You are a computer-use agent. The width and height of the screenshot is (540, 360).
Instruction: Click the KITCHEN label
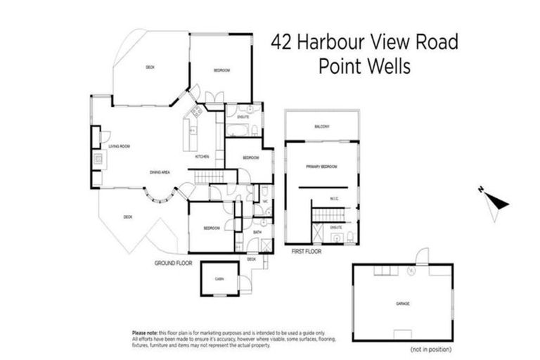[202, 157]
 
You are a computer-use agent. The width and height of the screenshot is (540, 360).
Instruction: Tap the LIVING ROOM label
[120, 146]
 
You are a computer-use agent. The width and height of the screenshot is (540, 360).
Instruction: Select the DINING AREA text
[160, 172]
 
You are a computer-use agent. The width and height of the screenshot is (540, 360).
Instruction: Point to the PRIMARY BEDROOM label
[322, 167]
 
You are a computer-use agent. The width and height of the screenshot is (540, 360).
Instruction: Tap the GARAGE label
[402, 304]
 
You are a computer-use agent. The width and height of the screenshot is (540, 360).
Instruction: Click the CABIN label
[219, 279]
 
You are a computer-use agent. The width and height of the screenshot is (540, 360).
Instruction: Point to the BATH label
[257, 231]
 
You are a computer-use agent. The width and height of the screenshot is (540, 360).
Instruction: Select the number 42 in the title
[283, 42]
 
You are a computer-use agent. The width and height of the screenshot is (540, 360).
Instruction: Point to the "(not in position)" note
[432, 349]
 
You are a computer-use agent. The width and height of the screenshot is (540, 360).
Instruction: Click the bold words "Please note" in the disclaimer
[146, 333]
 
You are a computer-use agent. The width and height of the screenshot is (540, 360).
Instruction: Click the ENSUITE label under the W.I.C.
[335, 228]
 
